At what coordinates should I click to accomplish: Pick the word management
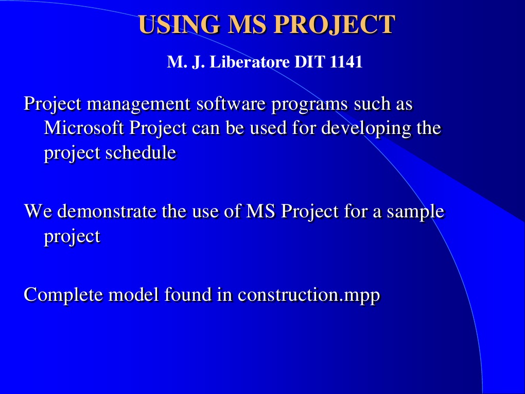pyautogui.click(x=138, y=104)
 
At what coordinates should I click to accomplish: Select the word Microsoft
pyautogui.click(x=84, y=128)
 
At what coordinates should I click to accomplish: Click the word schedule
pyautogui.click(x=141, y=152)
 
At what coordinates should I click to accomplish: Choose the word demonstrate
pyautogui.click(x=107, y=211)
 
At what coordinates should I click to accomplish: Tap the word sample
pyautogui.click(x=415, y=212)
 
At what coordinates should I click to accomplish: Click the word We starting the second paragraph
pyautogui.click(x=38, y=211)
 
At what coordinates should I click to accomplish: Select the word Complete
pyautogui.click(x=63, y=295)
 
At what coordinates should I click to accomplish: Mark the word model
pyautogui.click(x=134, y=295)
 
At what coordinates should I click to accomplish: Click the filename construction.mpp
pyautogui.click(x=309, y=295)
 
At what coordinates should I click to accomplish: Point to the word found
pyautogui.click(x=188, y=295)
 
